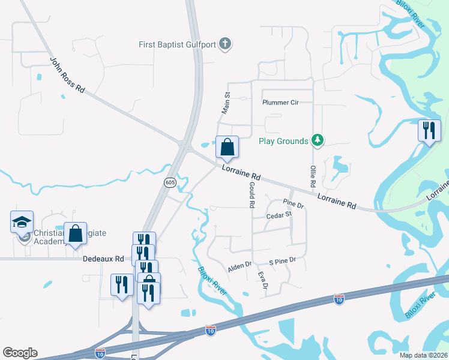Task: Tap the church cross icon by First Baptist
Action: click(x=225, y=43)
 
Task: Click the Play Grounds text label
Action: click(x=283, y=142)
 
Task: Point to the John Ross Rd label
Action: click(x=67, y=75)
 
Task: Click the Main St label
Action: click(x=226, y=103)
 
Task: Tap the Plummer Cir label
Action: click(x=280, y=102)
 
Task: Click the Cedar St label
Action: click(x=279, y=214)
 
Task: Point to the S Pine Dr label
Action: click(x=283, y=260)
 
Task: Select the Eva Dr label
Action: click(x=262, y=280)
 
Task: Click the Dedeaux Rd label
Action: click(x=103, y=259)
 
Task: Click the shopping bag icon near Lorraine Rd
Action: click(x=228, y=147)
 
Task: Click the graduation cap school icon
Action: click(x=22, y=222)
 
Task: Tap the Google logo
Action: click(x=20, y=353)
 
